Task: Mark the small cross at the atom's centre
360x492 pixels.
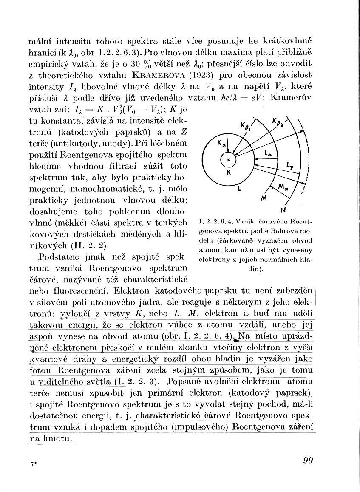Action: pyautogui.click(x=228, y=159)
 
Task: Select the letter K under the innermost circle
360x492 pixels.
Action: pyautogui.click(x=228, y=173)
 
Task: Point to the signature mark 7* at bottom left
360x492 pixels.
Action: pyautogui.click(x=32, y=465)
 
